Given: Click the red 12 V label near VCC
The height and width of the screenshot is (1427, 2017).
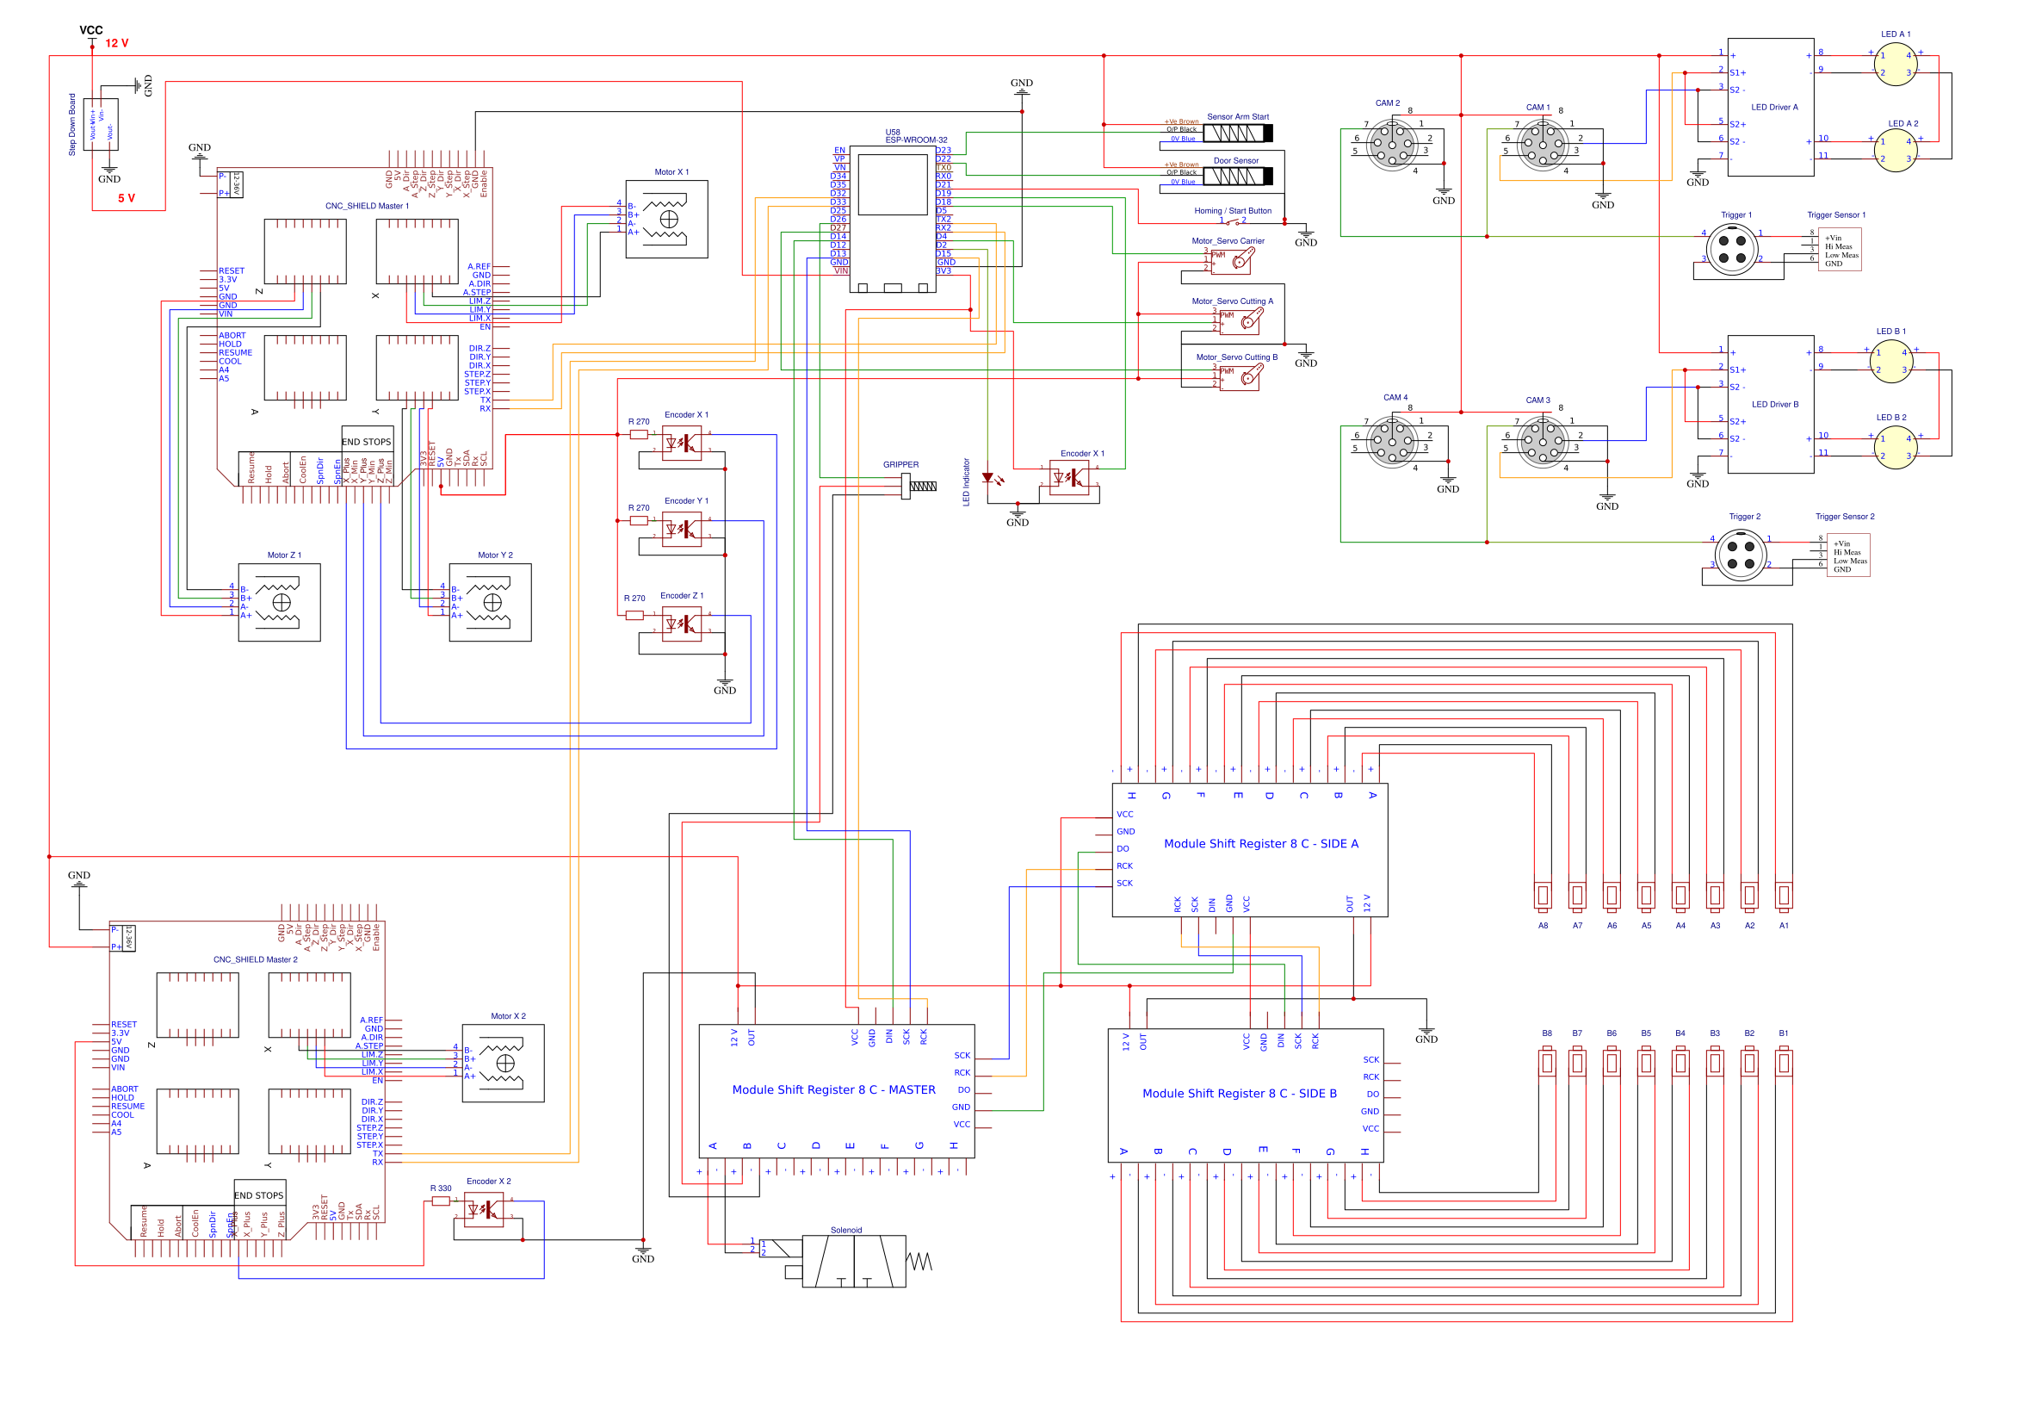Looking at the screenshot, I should click(x=117, y=43).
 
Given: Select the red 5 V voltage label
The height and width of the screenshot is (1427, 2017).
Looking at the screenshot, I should click(x=127, y=199).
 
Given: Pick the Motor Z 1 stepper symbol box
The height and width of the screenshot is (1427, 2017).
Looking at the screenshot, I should click(x=280, y=603).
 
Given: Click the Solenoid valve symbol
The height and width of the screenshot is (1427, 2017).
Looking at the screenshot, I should click(x=853, y=1262).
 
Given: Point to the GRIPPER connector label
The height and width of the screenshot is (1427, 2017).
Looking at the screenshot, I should click(x=900, y=465).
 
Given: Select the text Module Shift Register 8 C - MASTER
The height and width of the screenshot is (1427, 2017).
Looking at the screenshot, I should click(x=833, y=1090).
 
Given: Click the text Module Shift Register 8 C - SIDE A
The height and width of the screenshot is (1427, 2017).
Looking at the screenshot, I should click(x=1260, y=845).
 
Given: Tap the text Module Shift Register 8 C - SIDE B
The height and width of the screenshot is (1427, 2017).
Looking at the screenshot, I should click(x=1239, y=1094).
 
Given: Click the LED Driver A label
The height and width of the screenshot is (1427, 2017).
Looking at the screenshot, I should click(x=1773, y=107).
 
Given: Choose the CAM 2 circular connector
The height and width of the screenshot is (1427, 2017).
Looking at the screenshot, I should click(x=1391, y=141).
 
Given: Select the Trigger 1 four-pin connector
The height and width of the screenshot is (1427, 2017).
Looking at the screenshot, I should click(x=1731, y=250).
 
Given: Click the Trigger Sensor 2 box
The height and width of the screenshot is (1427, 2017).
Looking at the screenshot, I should click(x=1848, y=556).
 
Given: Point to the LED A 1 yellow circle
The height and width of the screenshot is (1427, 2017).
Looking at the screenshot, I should click(x=1895, y=64).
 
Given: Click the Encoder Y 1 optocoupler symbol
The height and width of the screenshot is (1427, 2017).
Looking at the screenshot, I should click(x=682, y=529).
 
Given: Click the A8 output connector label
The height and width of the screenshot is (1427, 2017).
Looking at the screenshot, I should click(x=1543, y=926).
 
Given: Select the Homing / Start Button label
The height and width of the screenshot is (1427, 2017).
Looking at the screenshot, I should click(x=1233, y=211).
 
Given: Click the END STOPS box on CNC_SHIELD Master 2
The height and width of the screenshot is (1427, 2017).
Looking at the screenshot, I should click(x=259, y=1196).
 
